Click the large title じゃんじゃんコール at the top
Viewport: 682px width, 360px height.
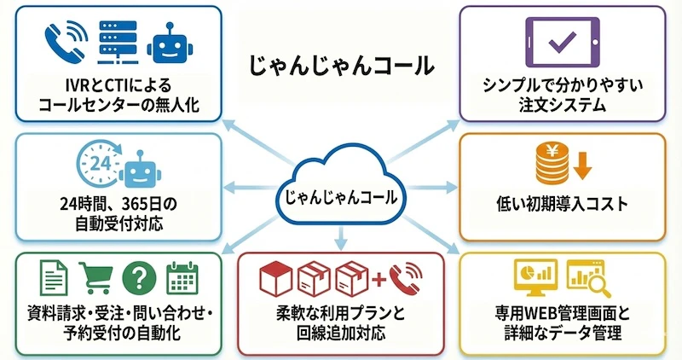click(341, 66)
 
